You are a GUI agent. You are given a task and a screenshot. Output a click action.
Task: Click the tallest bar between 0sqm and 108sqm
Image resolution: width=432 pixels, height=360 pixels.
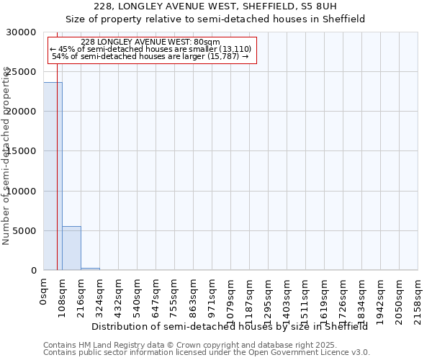tap(53, 176)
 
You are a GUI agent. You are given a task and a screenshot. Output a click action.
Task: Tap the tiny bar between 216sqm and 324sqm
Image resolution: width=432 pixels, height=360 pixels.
tap(90, 269)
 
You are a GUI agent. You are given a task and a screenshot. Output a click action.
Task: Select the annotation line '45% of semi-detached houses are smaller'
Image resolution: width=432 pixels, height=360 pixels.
tap(150, 49)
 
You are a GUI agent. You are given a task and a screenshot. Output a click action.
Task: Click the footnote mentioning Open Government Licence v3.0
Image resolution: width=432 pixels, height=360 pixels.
tap(207, 353)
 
